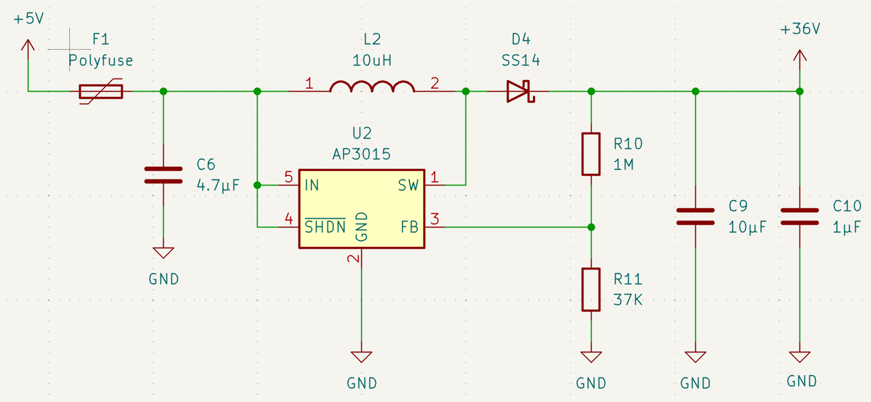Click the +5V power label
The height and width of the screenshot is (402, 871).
click(29, 19)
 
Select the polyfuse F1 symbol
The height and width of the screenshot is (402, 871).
click(101, 92)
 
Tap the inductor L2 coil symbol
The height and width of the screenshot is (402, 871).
click(372, 87)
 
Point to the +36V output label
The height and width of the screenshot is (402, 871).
click(800, 29)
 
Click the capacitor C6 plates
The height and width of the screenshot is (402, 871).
click(163, 175)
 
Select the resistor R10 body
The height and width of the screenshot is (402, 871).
click(591, 154)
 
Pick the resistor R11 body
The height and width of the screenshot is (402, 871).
click(591, 290)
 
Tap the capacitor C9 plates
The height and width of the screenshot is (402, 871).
click(696, 217)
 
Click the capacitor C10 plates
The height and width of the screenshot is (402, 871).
click(800, 217)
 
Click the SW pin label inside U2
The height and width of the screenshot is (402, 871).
click(408, 185)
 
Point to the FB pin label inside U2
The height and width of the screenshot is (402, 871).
click(409, 227)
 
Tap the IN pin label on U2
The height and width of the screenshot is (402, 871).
click(312, 185)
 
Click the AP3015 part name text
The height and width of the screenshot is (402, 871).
click(362, 154)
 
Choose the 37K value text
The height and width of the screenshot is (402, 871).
click(628, 300)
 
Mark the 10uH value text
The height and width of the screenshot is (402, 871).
click(372, 61)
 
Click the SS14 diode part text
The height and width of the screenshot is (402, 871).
click(521, 61)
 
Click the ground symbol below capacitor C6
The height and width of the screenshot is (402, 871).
click(163, 253)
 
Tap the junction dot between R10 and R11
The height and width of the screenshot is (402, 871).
click(591, 227)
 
